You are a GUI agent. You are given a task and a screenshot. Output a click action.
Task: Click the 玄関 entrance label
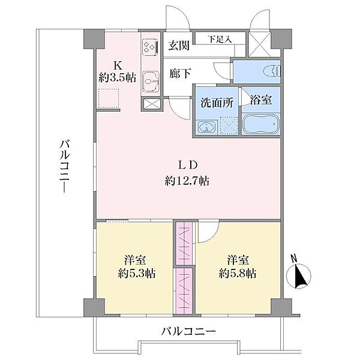click(x=179, y=45)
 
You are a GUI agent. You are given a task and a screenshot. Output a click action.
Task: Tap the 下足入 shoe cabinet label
click(x=220, y=39)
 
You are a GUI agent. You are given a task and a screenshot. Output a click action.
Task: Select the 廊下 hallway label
click(x=180, y=73)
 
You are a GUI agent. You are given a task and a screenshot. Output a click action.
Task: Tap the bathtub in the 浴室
click(x=261, y=124)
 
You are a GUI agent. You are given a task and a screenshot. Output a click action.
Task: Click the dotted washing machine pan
click(x=229, y=125)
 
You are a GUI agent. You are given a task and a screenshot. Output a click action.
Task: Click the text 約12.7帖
click(x=187, y=181)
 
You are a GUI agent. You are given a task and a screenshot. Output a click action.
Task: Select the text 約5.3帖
click(x=137, y=274)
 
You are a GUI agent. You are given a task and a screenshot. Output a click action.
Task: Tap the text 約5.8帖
click(x=238, y=274)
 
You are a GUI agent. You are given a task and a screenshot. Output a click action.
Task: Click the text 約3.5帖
click(x=118, y=77)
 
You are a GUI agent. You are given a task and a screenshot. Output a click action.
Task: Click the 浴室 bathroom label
click(x=261, y=100)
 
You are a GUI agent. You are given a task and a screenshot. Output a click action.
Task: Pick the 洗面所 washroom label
click(x=217, y=103)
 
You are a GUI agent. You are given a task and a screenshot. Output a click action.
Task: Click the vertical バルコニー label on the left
click(x=65, y=166)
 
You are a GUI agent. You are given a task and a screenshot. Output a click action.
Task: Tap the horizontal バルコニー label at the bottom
click(x=189, y=331)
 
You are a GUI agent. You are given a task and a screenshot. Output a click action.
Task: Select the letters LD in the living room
click(x=188, y=165)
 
